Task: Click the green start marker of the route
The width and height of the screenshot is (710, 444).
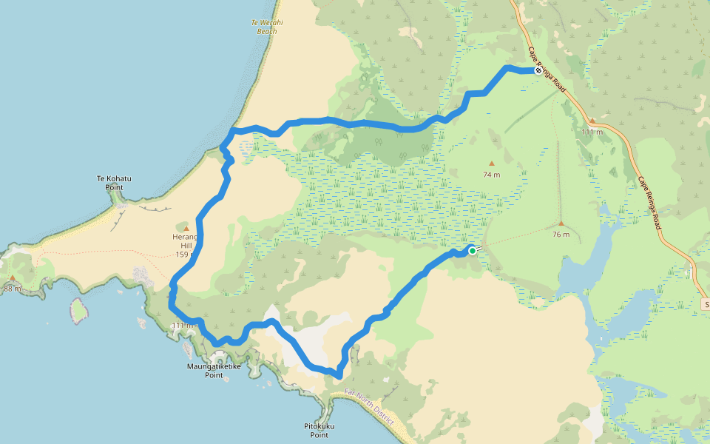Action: pos(472,251)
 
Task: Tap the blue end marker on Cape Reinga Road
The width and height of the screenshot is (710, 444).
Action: pos(538,70)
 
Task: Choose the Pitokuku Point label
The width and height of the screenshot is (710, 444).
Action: pos(319,431)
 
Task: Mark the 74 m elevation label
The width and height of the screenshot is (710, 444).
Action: pos(492,175)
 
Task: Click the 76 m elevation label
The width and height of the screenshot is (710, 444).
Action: pos(561,235)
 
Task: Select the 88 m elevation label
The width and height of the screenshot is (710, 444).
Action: pos(13,289)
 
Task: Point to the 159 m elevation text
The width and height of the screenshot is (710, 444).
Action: pos(185,255)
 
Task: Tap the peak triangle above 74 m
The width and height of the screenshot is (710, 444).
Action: pos(491,164)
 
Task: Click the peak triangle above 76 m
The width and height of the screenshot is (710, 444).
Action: pos(561,223)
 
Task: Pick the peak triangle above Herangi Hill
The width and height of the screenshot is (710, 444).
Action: pos(186,227)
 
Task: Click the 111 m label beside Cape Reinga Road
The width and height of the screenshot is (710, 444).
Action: pos(592,132)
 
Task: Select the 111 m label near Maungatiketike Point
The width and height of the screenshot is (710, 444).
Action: pos(182,326)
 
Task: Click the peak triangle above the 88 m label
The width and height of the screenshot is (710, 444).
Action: pos(13,278)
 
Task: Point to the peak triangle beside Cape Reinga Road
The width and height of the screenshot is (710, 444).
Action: pos(592,121)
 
